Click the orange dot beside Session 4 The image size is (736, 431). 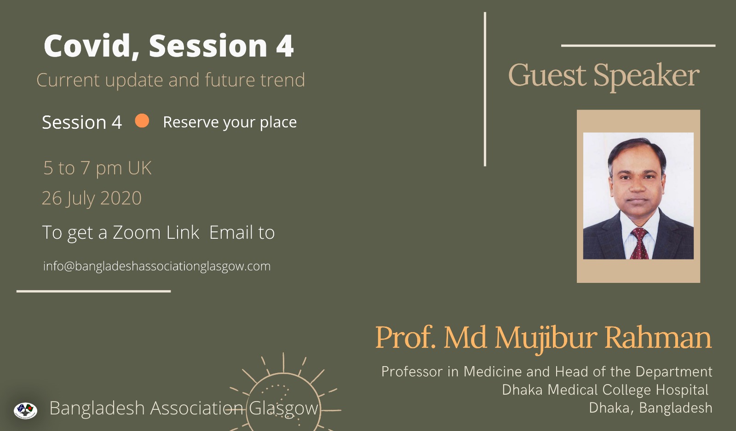(x=142, y=121)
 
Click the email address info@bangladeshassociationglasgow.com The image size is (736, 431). (x=157, y=266)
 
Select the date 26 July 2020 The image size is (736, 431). (x=92, y=198)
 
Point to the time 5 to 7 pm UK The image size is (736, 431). (x=97, y=168)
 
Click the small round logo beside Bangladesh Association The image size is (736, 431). (x=26, y=410)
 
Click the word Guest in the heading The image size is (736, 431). (x=547, y=75)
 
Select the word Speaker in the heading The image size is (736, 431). (x=646, y=76)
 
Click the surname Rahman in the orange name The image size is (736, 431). (x=658, y=338)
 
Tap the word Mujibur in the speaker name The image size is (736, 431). (x=546, y=339)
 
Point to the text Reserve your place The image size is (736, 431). (x=230, y=122)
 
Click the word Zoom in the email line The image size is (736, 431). (x=136, y=232)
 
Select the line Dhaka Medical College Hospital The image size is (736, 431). (x=605, y=390)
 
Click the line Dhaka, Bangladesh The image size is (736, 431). (x=650, y=408)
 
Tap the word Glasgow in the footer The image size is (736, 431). (x=283, y=409)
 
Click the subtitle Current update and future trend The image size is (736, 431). (x=171, y=80)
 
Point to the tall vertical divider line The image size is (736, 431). (x=485, y=89)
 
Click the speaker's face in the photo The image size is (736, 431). (x=638, y=179)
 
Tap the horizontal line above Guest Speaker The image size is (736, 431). (x=638, y=46)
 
